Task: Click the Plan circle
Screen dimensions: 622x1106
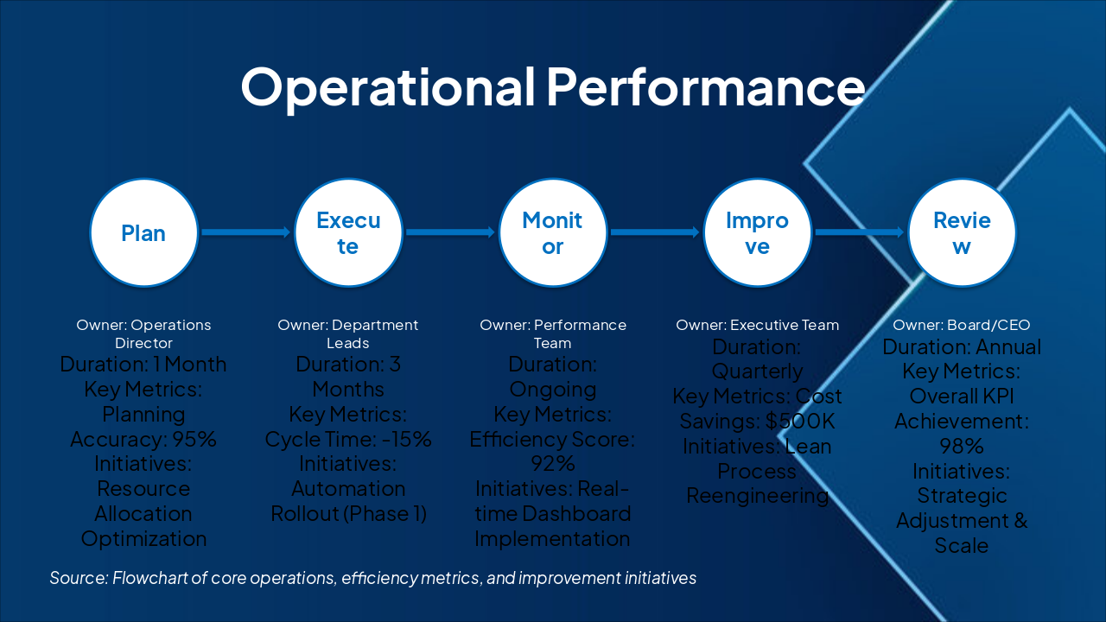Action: click(143, 233)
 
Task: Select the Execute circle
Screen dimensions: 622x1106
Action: click(348, 233)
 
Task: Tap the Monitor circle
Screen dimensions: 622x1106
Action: click(553, 233)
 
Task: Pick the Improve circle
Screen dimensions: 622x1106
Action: click(758, 233)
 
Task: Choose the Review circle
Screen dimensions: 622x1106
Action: click(962, 233)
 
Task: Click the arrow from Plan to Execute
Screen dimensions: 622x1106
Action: click(245, 232)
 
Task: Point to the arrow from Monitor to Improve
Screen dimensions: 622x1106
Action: click(654, 232)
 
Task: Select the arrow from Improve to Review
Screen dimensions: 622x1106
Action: click(859, 232)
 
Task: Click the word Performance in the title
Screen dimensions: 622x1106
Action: click(705, 86)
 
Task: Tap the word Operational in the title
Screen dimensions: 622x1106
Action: click(387, 86)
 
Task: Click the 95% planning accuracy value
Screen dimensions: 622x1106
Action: click(194, 439)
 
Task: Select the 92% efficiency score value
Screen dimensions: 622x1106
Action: click(553, 464)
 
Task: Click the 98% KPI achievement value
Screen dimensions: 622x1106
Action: click(962, 447)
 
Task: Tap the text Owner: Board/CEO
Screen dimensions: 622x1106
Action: click(962, 326)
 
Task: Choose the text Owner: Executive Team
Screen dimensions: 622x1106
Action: click(758, 326)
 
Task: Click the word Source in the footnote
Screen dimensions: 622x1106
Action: click(78, 578)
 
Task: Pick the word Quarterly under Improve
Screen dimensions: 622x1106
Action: click(758, 371)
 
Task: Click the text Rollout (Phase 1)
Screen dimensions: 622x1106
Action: click(348, 513)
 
